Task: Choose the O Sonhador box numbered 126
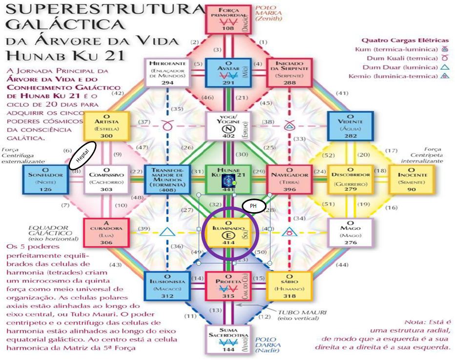point(46,180)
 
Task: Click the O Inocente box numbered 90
point(412,180)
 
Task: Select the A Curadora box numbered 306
point(106,233)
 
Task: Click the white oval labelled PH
point(254,206)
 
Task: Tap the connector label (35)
point(176,109)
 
